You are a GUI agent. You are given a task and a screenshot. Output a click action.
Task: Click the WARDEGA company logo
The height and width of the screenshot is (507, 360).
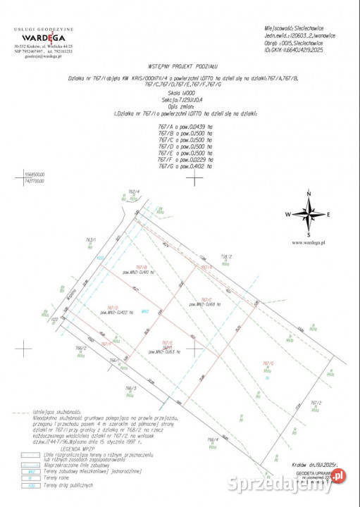tap(42, 37)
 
